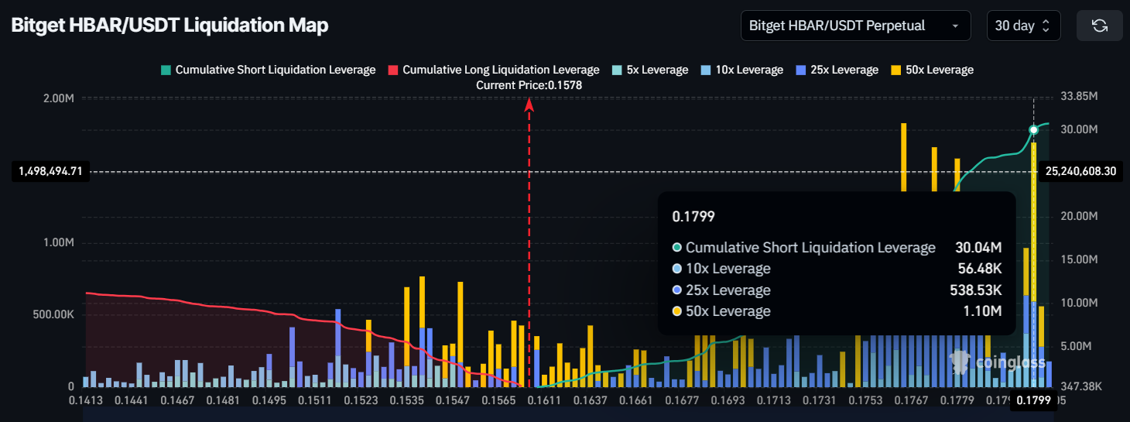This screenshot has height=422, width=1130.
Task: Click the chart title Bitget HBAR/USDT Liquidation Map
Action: pyautogui.click(x=169, y=26)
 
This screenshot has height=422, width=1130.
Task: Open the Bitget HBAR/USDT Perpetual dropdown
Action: pyautogui.click(x=855, y=26)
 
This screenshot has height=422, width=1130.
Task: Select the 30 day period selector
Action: pyautogui.click(x=1022, y=26)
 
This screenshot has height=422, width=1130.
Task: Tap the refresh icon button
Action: pyautogui.click(x=1099, y=26)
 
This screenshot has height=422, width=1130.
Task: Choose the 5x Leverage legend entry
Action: pyautogui.click(x=649, y=70)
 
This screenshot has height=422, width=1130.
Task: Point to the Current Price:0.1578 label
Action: pyautogui.click(x=529, y=85)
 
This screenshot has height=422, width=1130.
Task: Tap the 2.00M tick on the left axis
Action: pyautogui.click(x=59, y=98)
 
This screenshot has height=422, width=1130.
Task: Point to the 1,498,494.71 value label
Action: pyautogui.click(x=50, y=171)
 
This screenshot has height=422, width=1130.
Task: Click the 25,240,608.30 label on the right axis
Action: pyautogui.click(x=1080, y=171)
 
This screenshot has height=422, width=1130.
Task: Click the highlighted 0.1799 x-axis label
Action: pyautogui.click(x=1032, y=400)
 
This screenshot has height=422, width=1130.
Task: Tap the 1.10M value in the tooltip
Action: pyautogui.click(x=986, y=311)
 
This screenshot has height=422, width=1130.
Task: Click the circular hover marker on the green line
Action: pyautogui.click(x=1033, y=129)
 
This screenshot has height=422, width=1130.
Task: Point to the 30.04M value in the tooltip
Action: pyautogui.click(x=978, y=248)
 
